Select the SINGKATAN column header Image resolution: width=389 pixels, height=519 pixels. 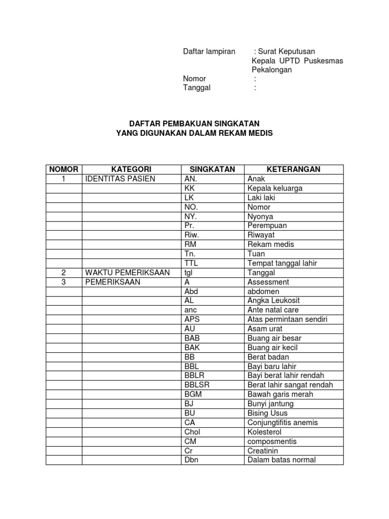(212, 169)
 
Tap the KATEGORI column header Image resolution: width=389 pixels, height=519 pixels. (131, 169)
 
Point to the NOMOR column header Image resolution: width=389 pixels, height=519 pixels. (64, 169)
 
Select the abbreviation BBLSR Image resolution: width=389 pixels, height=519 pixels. (197, 385)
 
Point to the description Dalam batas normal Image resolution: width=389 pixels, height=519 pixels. (281, 460)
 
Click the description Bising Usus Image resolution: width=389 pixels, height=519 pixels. (268, 413)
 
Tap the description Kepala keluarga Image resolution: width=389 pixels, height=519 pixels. (275, 188)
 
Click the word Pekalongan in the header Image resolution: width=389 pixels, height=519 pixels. (272, 70)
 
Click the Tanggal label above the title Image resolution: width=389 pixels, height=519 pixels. (197, 88)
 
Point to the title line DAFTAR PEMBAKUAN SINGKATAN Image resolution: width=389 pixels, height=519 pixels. (194, 124)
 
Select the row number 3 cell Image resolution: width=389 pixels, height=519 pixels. (64, 282)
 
